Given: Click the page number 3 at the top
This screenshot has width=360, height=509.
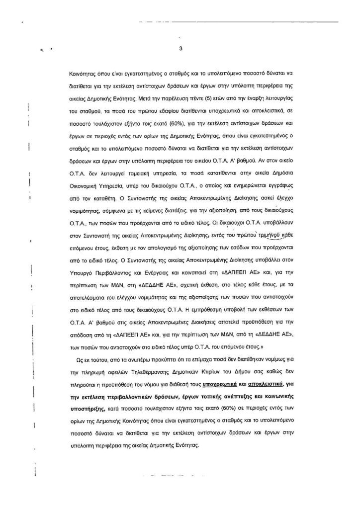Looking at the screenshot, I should click(x=180, y=49).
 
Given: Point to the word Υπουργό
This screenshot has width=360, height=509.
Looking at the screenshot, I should click(x=83, y=273).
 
